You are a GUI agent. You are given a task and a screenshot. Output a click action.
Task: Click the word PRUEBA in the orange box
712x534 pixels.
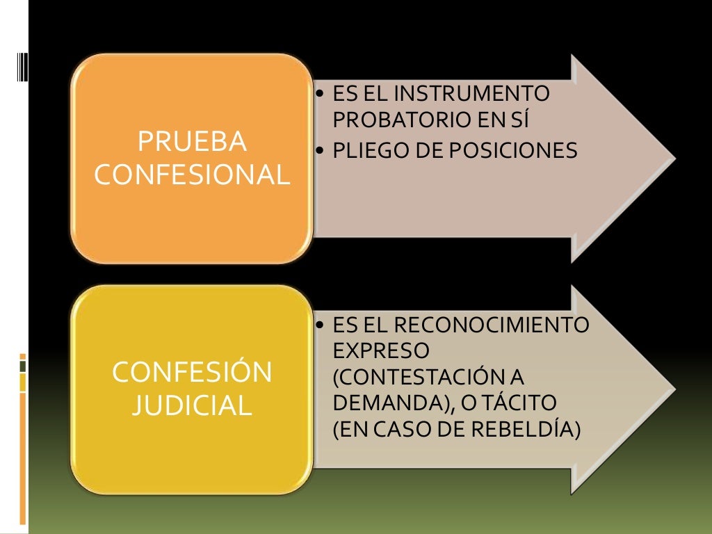[x=192, y=142]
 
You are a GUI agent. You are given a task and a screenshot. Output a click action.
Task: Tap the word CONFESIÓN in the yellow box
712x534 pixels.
[x=192, y=373]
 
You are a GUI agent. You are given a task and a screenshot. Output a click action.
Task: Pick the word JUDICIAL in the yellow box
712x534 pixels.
[x=192, y=405]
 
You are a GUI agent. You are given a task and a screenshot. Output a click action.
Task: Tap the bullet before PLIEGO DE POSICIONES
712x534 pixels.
[x=319, y=151]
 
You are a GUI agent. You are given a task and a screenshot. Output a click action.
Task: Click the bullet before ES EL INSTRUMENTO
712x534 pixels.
[x=319, y=93]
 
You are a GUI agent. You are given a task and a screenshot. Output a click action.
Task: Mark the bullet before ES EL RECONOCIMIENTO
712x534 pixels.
[x=319, y=325]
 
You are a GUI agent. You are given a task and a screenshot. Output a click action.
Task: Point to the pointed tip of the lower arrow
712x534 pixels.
[x=673, y=387]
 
